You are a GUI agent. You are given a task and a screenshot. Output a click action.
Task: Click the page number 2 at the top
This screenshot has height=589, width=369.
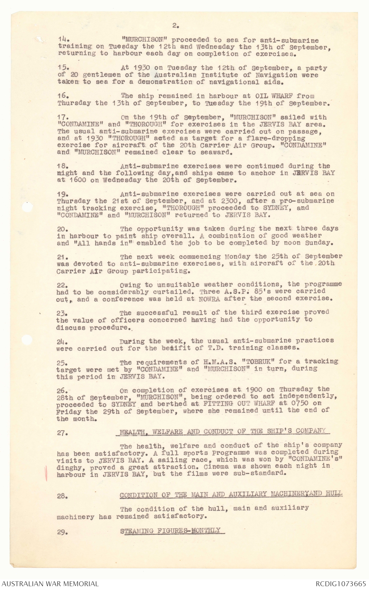point(175,26)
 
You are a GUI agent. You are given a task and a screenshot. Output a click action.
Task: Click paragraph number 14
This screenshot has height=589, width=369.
point(62,40)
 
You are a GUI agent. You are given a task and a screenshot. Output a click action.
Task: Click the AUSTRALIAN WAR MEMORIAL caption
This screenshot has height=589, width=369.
point(50,584)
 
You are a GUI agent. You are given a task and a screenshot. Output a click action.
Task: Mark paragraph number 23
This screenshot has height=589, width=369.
point(62,313)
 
